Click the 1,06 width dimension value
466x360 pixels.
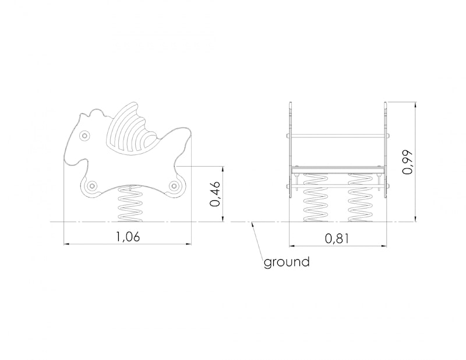[128, 237]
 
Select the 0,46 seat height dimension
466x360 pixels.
[215, 193]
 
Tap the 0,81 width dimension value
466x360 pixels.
[337, 238]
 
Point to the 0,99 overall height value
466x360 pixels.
[407, 163]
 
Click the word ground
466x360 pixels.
[287, 263]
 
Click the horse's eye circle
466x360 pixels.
[84, 136]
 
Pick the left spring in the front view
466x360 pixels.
[316, 197]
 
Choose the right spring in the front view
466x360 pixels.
[360, 197]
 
